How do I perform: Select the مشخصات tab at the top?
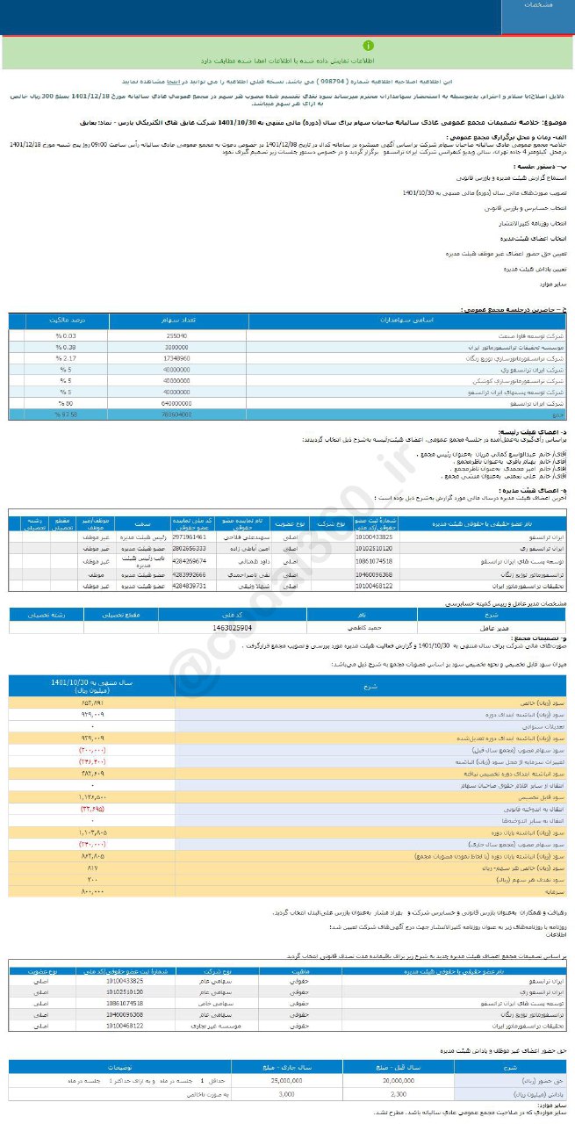point(538,5)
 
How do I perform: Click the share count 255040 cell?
point(176,336)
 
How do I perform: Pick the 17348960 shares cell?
point(176,358)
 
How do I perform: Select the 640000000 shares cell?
point(176,402)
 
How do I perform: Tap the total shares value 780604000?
point(176,413)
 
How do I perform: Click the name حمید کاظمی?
point(338,628)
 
